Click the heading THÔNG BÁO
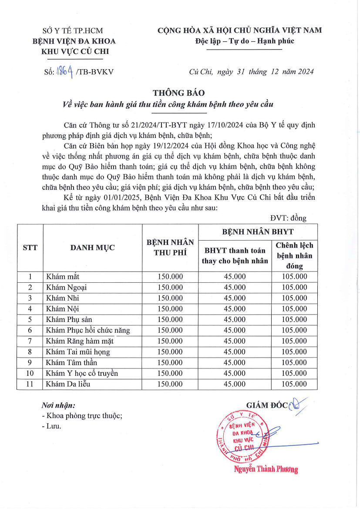coord(178,93)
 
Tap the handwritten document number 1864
coord(64,72)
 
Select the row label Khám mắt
coord(63,277)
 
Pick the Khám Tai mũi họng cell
coord(78,352)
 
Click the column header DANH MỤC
coord(92,248)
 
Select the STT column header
coord(30,248)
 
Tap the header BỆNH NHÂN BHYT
coord(258,232)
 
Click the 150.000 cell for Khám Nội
coord(170,309)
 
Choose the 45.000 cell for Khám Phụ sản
coord(235,320)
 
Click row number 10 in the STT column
coord(30,373)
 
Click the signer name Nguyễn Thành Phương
coord(266,469)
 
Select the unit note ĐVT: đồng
coord(288,218)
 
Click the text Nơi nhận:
coord(58,405)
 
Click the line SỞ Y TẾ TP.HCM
coord(71,31)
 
